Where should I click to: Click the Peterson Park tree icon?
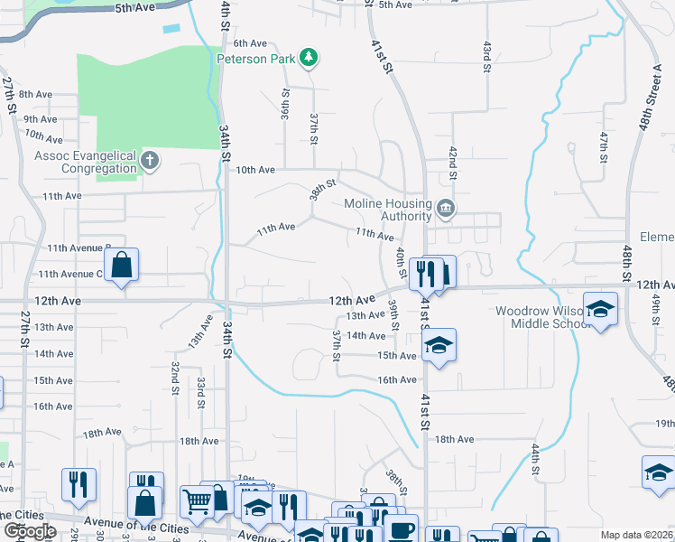(x=310, y=58)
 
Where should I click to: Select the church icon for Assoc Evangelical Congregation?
(x=151, y=162)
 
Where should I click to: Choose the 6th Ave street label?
(x=250, y=42)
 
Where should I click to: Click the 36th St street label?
(x=284, y=105)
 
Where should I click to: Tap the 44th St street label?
(x=535, y=459)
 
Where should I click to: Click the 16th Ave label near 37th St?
(x=397, y=380)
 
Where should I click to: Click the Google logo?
(x=29, y=531)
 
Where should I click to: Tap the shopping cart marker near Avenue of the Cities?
(x=198, y=500)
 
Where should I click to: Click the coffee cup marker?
(x=400, y=528)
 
